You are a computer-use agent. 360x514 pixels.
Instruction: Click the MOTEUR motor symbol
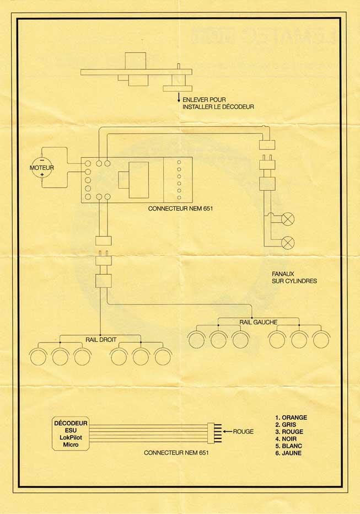(42, 168)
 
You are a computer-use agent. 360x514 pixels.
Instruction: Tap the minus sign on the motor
(42, 160)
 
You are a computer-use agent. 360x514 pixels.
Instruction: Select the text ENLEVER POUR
(204, 100)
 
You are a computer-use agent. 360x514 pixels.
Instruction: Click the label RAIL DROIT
(101, 340)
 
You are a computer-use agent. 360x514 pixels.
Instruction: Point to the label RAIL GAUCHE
(258, 323)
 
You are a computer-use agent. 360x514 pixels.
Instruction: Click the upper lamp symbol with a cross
(288, 218)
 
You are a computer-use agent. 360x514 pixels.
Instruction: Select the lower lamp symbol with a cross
(288, 243)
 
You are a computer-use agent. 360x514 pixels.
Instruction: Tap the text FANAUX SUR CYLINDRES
(294, 277)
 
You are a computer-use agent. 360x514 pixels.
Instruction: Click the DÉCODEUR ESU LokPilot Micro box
(71, 433)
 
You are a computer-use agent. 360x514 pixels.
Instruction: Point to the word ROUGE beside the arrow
(243, 432)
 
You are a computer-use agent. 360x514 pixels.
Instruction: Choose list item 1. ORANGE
(291, 417)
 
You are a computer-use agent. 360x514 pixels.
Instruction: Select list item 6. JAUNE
(288, 453)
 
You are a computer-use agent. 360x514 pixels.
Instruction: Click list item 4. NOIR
(286, 439)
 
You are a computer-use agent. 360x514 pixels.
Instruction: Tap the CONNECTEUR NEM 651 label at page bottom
(176, 453)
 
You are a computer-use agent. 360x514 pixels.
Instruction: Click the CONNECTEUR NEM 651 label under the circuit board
(180, 208)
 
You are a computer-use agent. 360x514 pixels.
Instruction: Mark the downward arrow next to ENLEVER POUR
(179, 97)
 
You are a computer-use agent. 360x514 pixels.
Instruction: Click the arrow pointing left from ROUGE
(227, 431)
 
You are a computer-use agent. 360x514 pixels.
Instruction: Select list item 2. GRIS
(286, 425)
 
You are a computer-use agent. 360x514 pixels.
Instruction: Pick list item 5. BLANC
(288, 446)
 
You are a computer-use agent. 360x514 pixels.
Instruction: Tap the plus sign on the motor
(42, 174)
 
